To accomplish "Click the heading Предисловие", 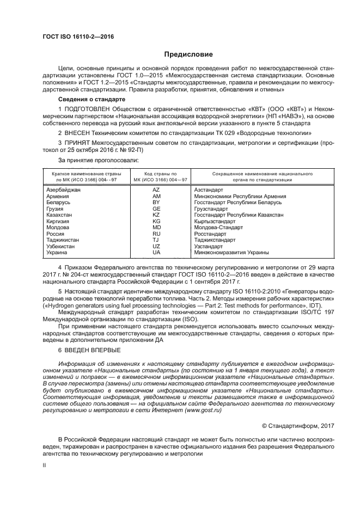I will pos(188,54).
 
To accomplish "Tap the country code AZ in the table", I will pos(156,189).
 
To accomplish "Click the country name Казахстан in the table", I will pos(59,215).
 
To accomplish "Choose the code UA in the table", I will pos(156,253).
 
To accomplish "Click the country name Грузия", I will pos(55,208).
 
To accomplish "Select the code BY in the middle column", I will pos(156,202).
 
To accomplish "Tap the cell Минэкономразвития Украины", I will pos(231,253).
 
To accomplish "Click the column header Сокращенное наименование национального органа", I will pos(254,176).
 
